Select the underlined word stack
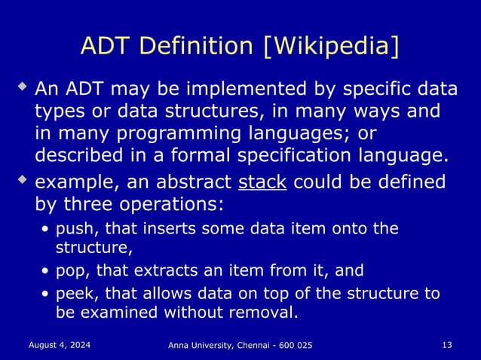pyautogui.click(x=262, y=183)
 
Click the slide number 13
pyautogui.click(x=447, y=344)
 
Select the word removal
pyautogui.click(x=266, y=311)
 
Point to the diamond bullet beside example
pyautogui.click(x=23, y=181)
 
